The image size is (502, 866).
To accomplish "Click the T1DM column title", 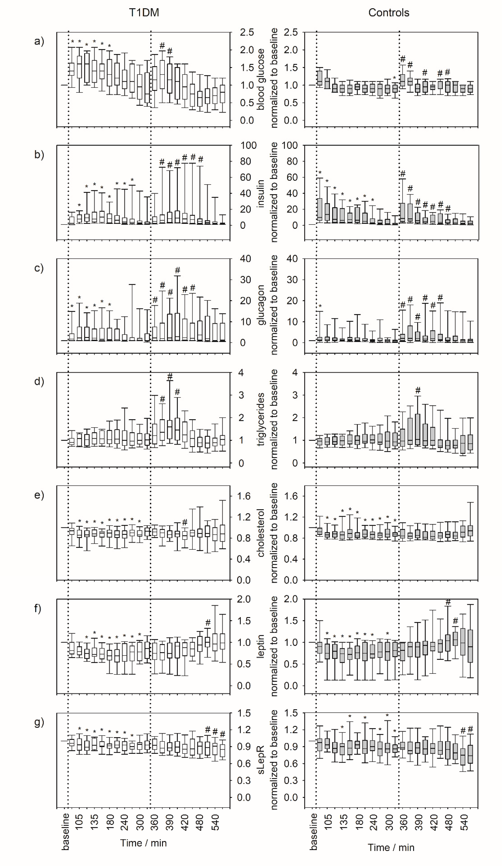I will [144, 13].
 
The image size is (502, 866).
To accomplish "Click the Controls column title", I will [389, 13].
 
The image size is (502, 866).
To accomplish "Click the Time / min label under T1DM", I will [143, 843].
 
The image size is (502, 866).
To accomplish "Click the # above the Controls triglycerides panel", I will [418, 390].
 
